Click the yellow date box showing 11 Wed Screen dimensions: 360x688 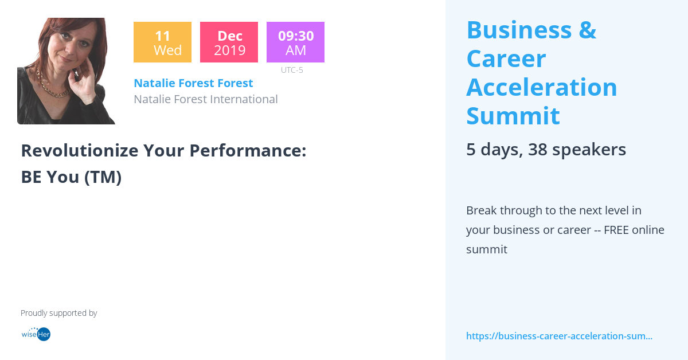click(162, 42)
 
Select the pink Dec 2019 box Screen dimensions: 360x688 click(229, 42)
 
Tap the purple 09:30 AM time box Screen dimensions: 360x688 click(295, 42)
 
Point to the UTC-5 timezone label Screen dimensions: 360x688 click(292, 70)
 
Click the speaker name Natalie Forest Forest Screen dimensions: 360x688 click(193, 83)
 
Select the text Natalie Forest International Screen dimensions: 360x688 click(205, 99)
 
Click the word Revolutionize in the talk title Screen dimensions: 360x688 click(79, 150)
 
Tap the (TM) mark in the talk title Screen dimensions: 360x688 click(103, 177)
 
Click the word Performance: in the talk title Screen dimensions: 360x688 click(248, 150)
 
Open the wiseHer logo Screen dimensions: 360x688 click(36, 334)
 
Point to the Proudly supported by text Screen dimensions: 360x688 click(58, 313)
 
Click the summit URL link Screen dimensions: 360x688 click(559, 336)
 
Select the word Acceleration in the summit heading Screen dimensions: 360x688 click(541, 87)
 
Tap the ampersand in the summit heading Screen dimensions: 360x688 click(587, 30)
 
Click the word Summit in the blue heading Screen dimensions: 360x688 click(513, 116)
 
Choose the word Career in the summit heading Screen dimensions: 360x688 click(506, 58)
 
